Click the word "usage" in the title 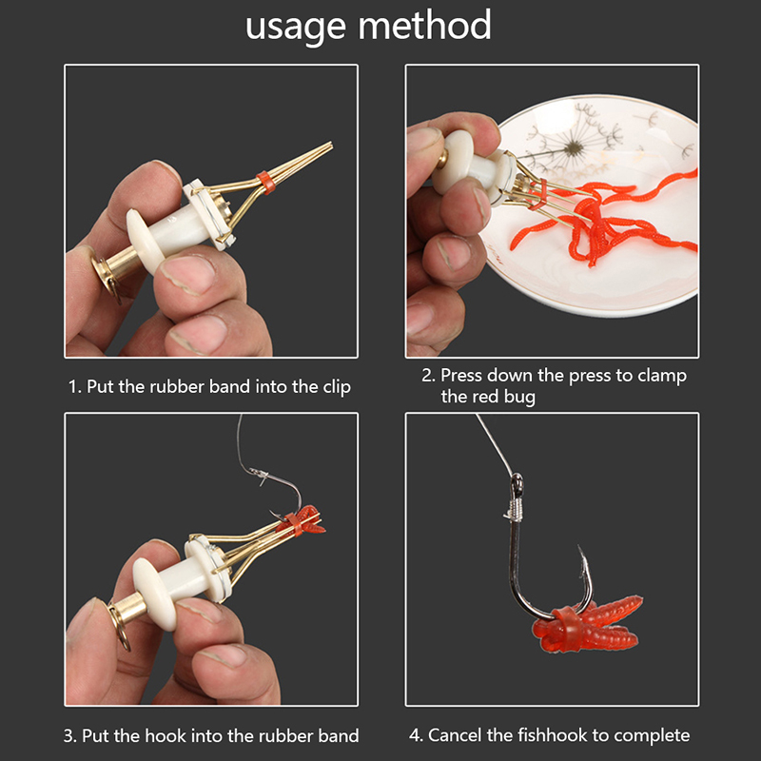[296, 28]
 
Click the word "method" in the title [425, 25]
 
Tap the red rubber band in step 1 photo [266, 182]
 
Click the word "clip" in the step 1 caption [337, 387]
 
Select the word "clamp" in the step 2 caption [662, 376]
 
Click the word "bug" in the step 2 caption [519, 397]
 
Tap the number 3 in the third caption [68, 735]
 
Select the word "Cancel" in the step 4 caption [456, 735]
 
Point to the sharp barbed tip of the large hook [579, 547]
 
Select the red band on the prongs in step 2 [538, 194]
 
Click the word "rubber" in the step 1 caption [177, 387]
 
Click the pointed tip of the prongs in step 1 [331, 144]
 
